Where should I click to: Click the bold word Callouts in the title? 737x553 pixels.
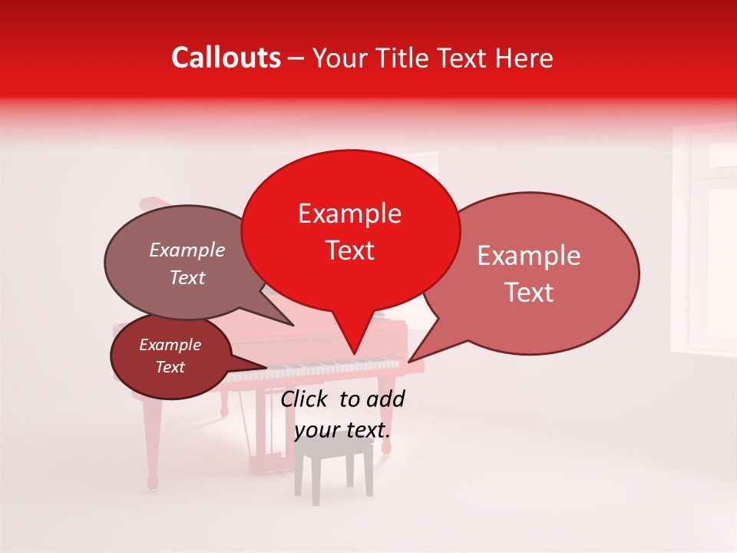226,58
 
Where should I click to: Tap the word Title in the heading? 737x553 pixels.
406,58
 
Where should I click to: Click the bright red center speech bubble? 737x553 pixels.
350,230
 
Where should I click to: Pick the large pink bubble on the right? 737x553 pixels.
537,273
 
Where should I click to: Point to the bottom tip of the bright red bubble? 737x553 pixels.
354,353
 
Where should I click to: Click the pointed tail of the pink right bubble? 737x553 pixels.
411,359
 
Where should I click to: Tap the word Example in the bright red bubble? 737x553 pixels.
350,214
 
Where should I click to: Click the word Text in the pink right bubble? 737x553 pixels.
530,293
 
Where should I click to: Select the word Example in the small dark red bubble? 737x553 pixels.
170,345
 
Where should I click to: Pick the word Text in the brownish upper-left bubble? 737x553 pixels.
187,278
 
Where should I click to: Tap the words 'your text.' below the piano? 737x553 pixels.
342,430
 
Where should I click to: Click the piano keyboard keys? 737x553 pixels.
322,371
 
